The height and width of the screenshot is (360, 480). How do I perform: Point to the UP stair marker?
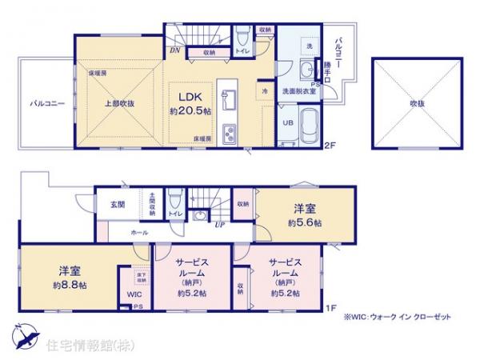click(x=219, y=226)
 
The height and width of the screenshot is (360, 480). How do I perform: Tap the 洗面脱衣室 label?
click(x=298, y=92)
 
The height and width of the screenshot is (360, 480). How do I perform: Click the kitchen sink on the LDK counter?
click(x=227, y=100)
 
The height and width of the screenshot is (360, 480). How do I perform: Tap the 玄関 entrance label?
click(x=118, y=205)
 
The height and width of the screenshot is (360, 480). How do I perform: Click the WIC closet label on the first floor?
click(x=134, y=294)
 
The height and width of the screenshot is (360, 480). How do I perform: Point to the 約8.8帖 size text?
click(x=70, y=286)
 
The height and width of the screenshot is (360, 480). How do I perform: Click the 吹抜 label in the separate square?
click(x=416, y=103)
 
